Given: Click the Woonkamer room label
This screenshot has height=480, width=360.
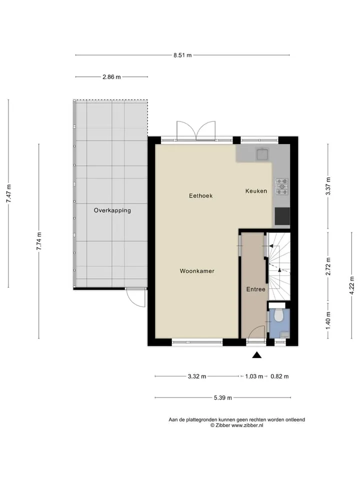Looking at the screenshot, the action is (197, 271).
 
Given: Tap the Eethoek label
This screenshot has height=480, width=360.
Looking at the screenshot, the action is (201, 195).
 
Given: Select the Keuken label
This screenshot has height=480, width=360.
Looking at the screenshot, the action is (256, 190).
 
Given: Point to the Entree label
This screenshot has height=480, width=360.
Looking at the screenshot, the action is (256, 289).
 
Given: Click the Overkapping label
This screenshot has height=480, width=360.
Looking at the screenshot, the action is (112, 210).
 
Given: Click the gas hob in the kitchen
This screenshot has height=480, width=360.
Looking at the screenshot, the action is (282, 186).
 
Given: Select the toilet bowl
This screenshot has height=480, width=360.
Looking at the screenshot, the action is (278, 315).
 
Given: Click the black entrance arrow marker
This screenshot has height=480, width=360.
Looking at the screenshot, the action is (256, 355).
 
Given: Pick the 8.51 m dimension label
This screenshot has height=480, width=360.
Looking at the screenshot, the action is (182, 55).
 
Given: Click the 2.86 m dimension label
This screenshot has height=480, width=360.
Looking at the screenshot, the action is (111, 77).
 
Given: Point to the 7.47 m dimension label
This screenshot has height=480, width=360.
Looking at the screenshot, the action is (9, 193).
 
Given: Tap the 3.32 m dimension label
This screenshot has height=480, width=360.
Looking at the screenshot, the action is (197, 376).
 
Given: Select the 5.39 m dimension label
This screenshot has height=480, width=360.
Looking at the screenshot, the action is (223, 397).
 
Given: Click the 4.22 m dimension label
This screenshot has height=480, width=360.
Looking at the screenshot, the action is (351, 285).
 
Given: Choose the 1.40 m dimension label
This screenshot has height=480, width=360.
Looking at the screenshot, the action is (328, 320).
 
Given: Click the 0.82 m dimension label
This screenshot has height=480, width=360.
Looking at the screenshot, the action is (279, 376).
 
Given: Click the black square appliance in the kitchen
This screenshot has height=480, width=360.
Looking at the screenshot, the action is (282, 216).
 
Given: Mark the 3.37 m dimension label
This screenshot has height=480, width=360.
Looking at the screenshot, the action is (328, 186).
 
